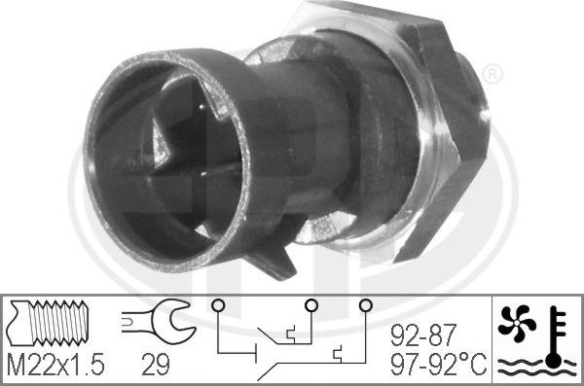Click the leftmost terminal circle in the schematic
coord(218,307)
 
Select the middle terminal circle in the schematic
coord(310,307)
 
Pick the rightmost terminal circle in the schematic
coord(365,307)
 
